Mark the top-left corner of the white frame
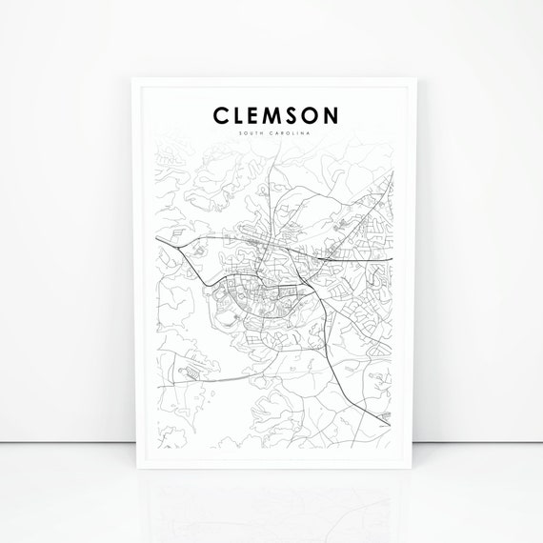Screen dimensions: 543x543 pos(131,77)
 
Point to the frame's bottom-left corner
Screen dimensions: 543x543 pos(131,468)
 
